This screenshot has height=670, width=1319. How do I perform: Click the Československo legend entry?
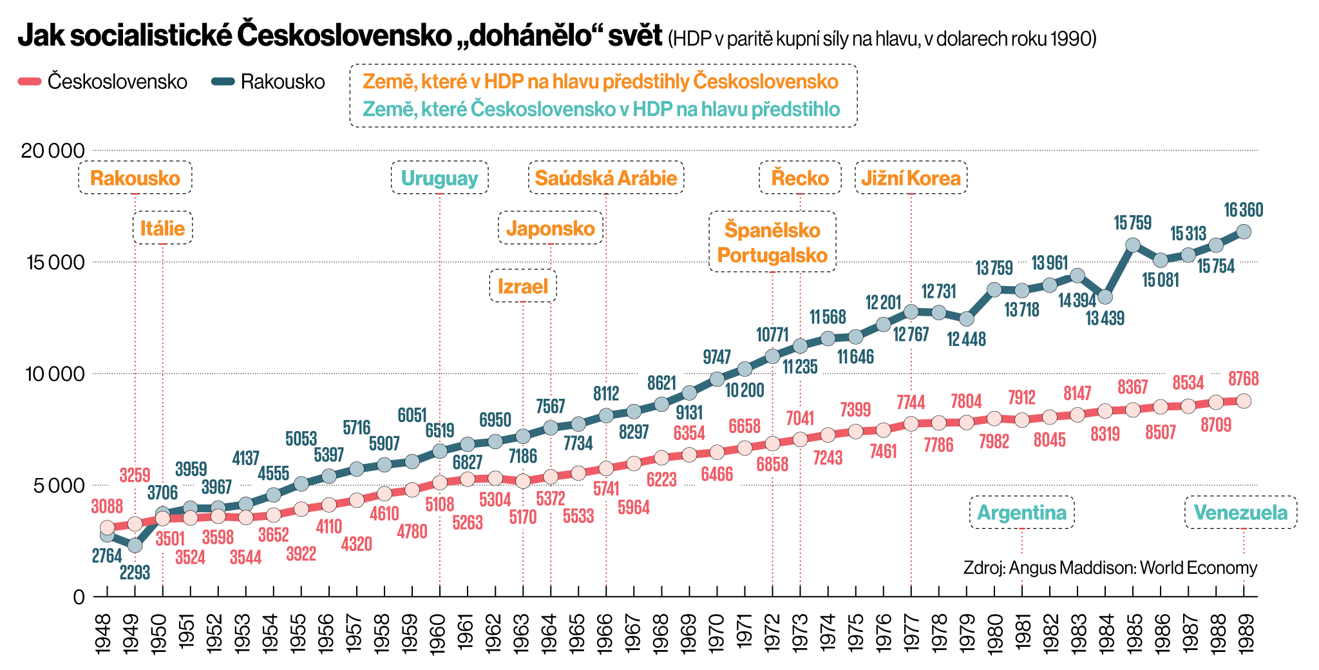[x=103, y=82]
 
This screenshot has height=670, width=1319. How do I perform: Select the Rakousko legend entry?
[x=269, y=82]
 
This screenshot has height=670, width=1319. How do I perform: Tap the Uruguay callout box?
[x=439, y=178]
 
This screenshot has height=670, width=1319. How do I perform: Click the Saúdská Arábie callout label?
[x=606, y=178]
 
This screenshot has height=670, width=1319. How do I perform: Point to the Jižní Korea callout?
[x=911, y=178]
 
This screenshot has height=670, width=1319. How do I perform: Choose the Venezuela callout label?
[x=1240, y=513]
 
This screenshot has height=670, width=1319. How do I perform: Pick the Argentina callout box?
[x=1022, y=513]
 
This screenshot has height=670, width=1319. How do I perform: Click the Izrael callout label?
[x=523, y=286]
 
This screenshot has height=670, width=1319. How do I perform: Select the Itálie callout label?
[x=162, y=228]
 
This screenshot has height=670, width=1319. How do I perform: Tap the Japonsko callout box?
[x=551, y=228]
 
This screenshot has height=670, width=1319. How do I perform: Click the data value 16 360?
[x=1243, y=210]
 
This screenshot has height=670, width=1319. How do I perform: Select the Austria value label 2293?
[x=135, y=572]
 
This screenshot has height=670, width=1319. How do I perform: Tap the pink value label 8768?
[x=1243, y=379]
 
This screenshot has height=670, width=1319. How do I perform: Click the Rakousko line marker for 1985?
[x=1133, y=245]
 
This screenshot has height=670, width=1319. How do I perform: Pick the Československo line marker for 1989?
[x=1244, y=401]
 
